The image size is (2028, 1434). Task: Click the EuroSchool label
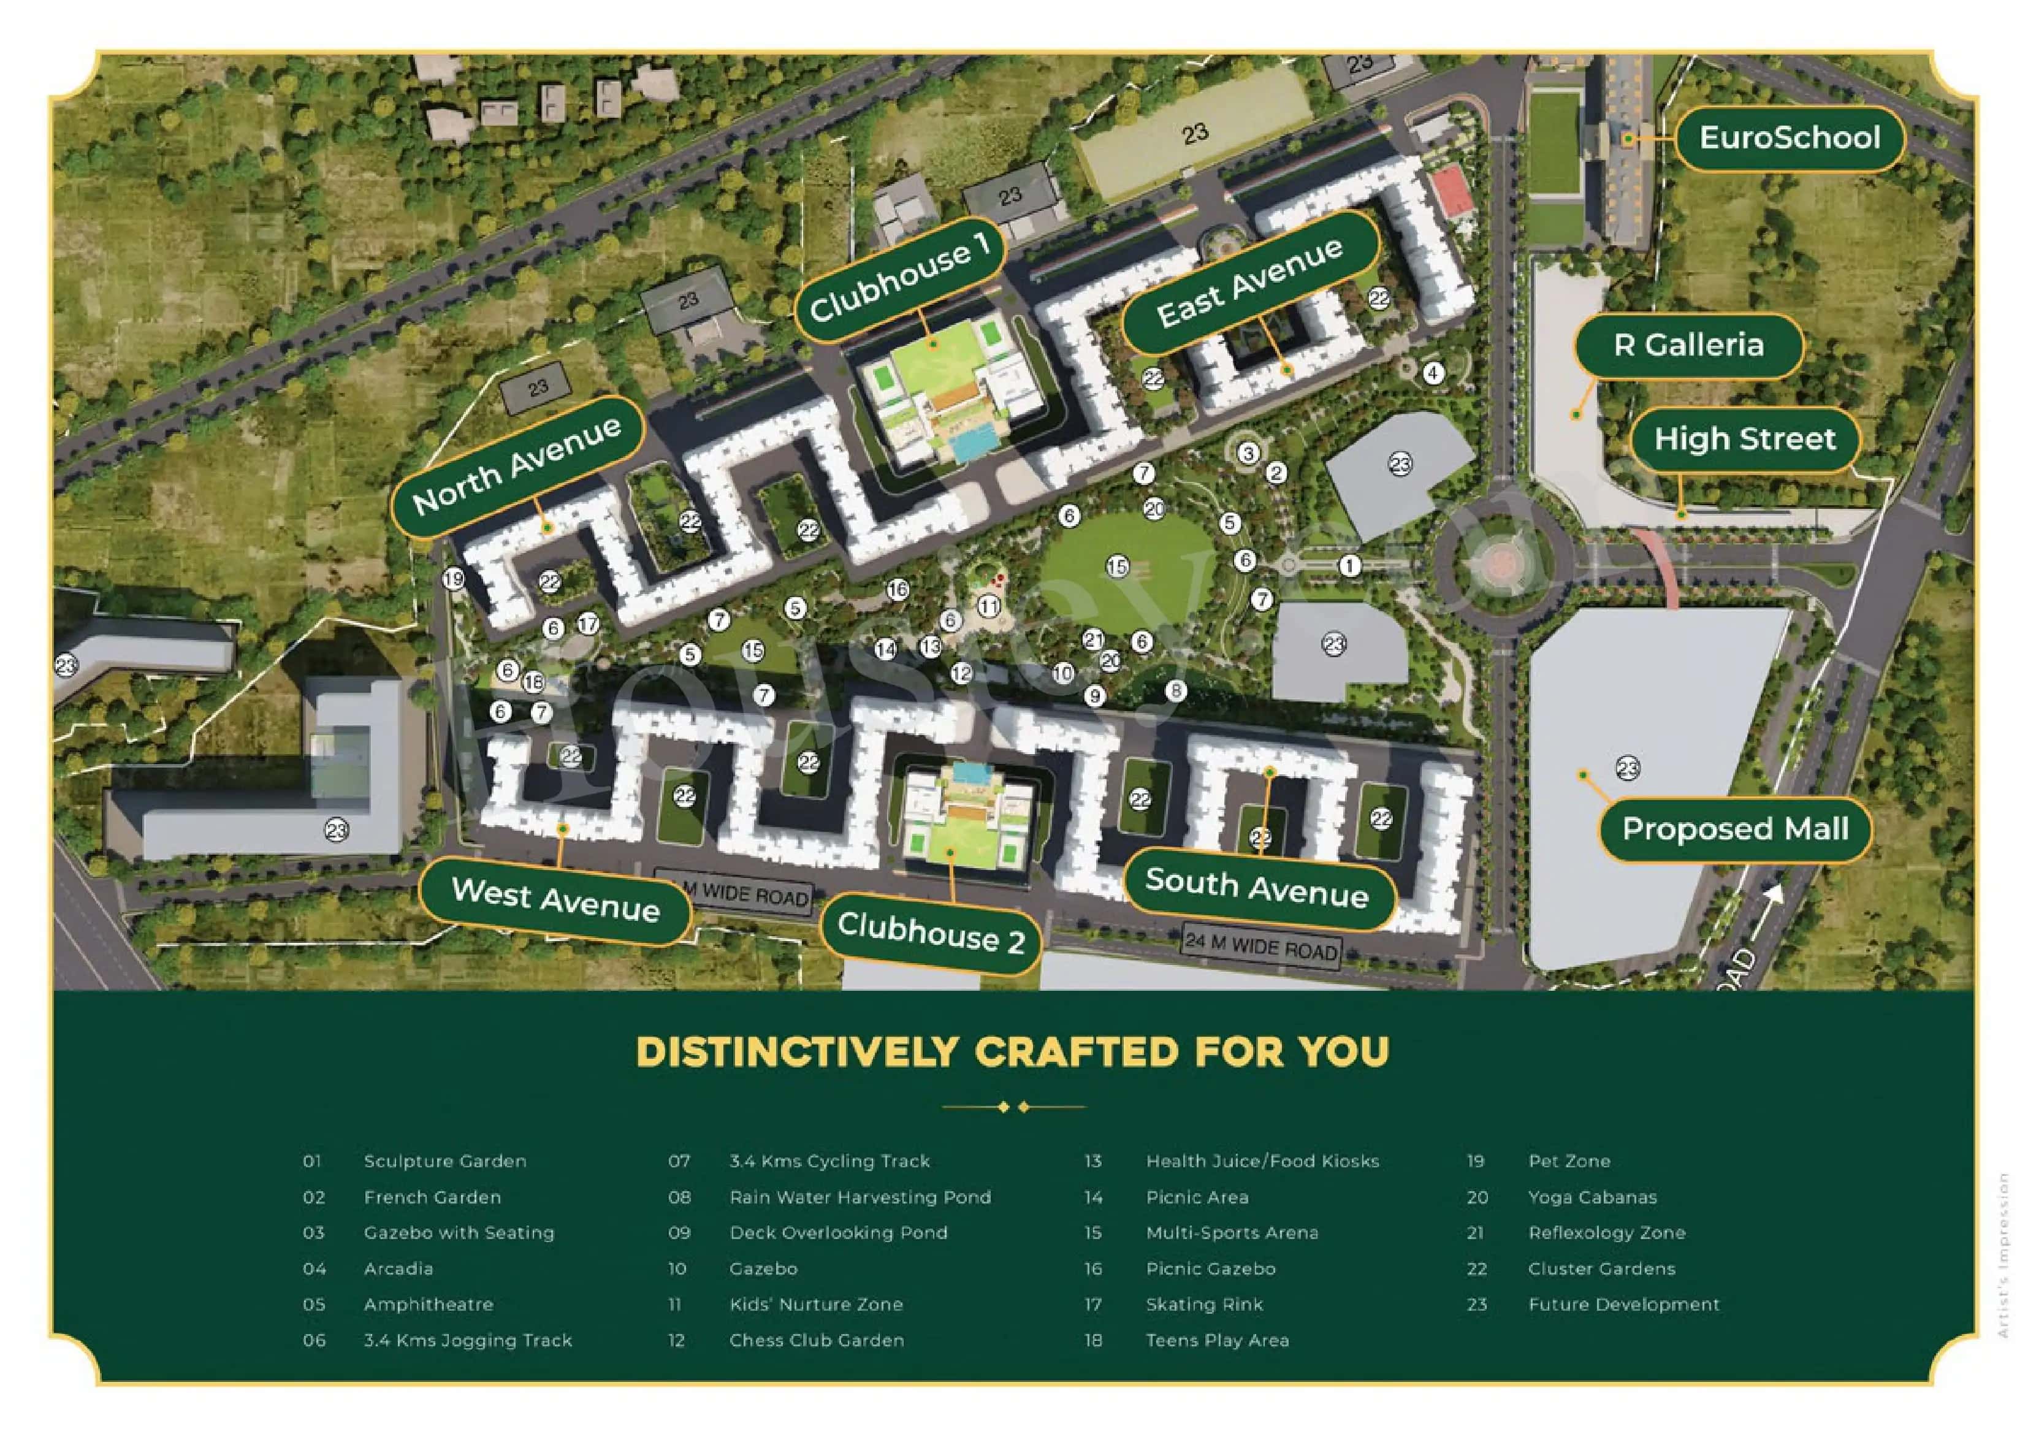tap(1789, 139)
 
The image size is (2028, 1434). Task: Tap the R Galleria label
tap(1688, 345)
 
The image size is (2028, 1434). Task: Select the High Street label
tap(1745, 439)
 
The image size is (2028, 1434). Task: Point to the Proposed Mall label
tap(1735, 829)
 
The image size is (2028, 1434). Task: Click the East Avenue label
tap(1249, 283)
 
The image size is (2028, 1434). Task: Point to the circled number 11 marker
tap(988, 606)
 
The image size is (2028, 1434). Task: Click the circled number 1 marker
tap(1349, 565)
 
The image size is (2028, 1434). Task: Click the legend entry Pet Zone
tap(1569, 1161)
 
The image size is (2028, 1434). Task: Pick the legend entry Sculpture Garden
tap(444, 1161)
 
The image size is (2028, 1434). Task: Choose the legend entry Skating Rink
tap(1204, 1304)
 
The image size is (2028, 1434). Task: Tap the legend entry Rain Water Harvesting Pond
tap(860, 1197)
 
